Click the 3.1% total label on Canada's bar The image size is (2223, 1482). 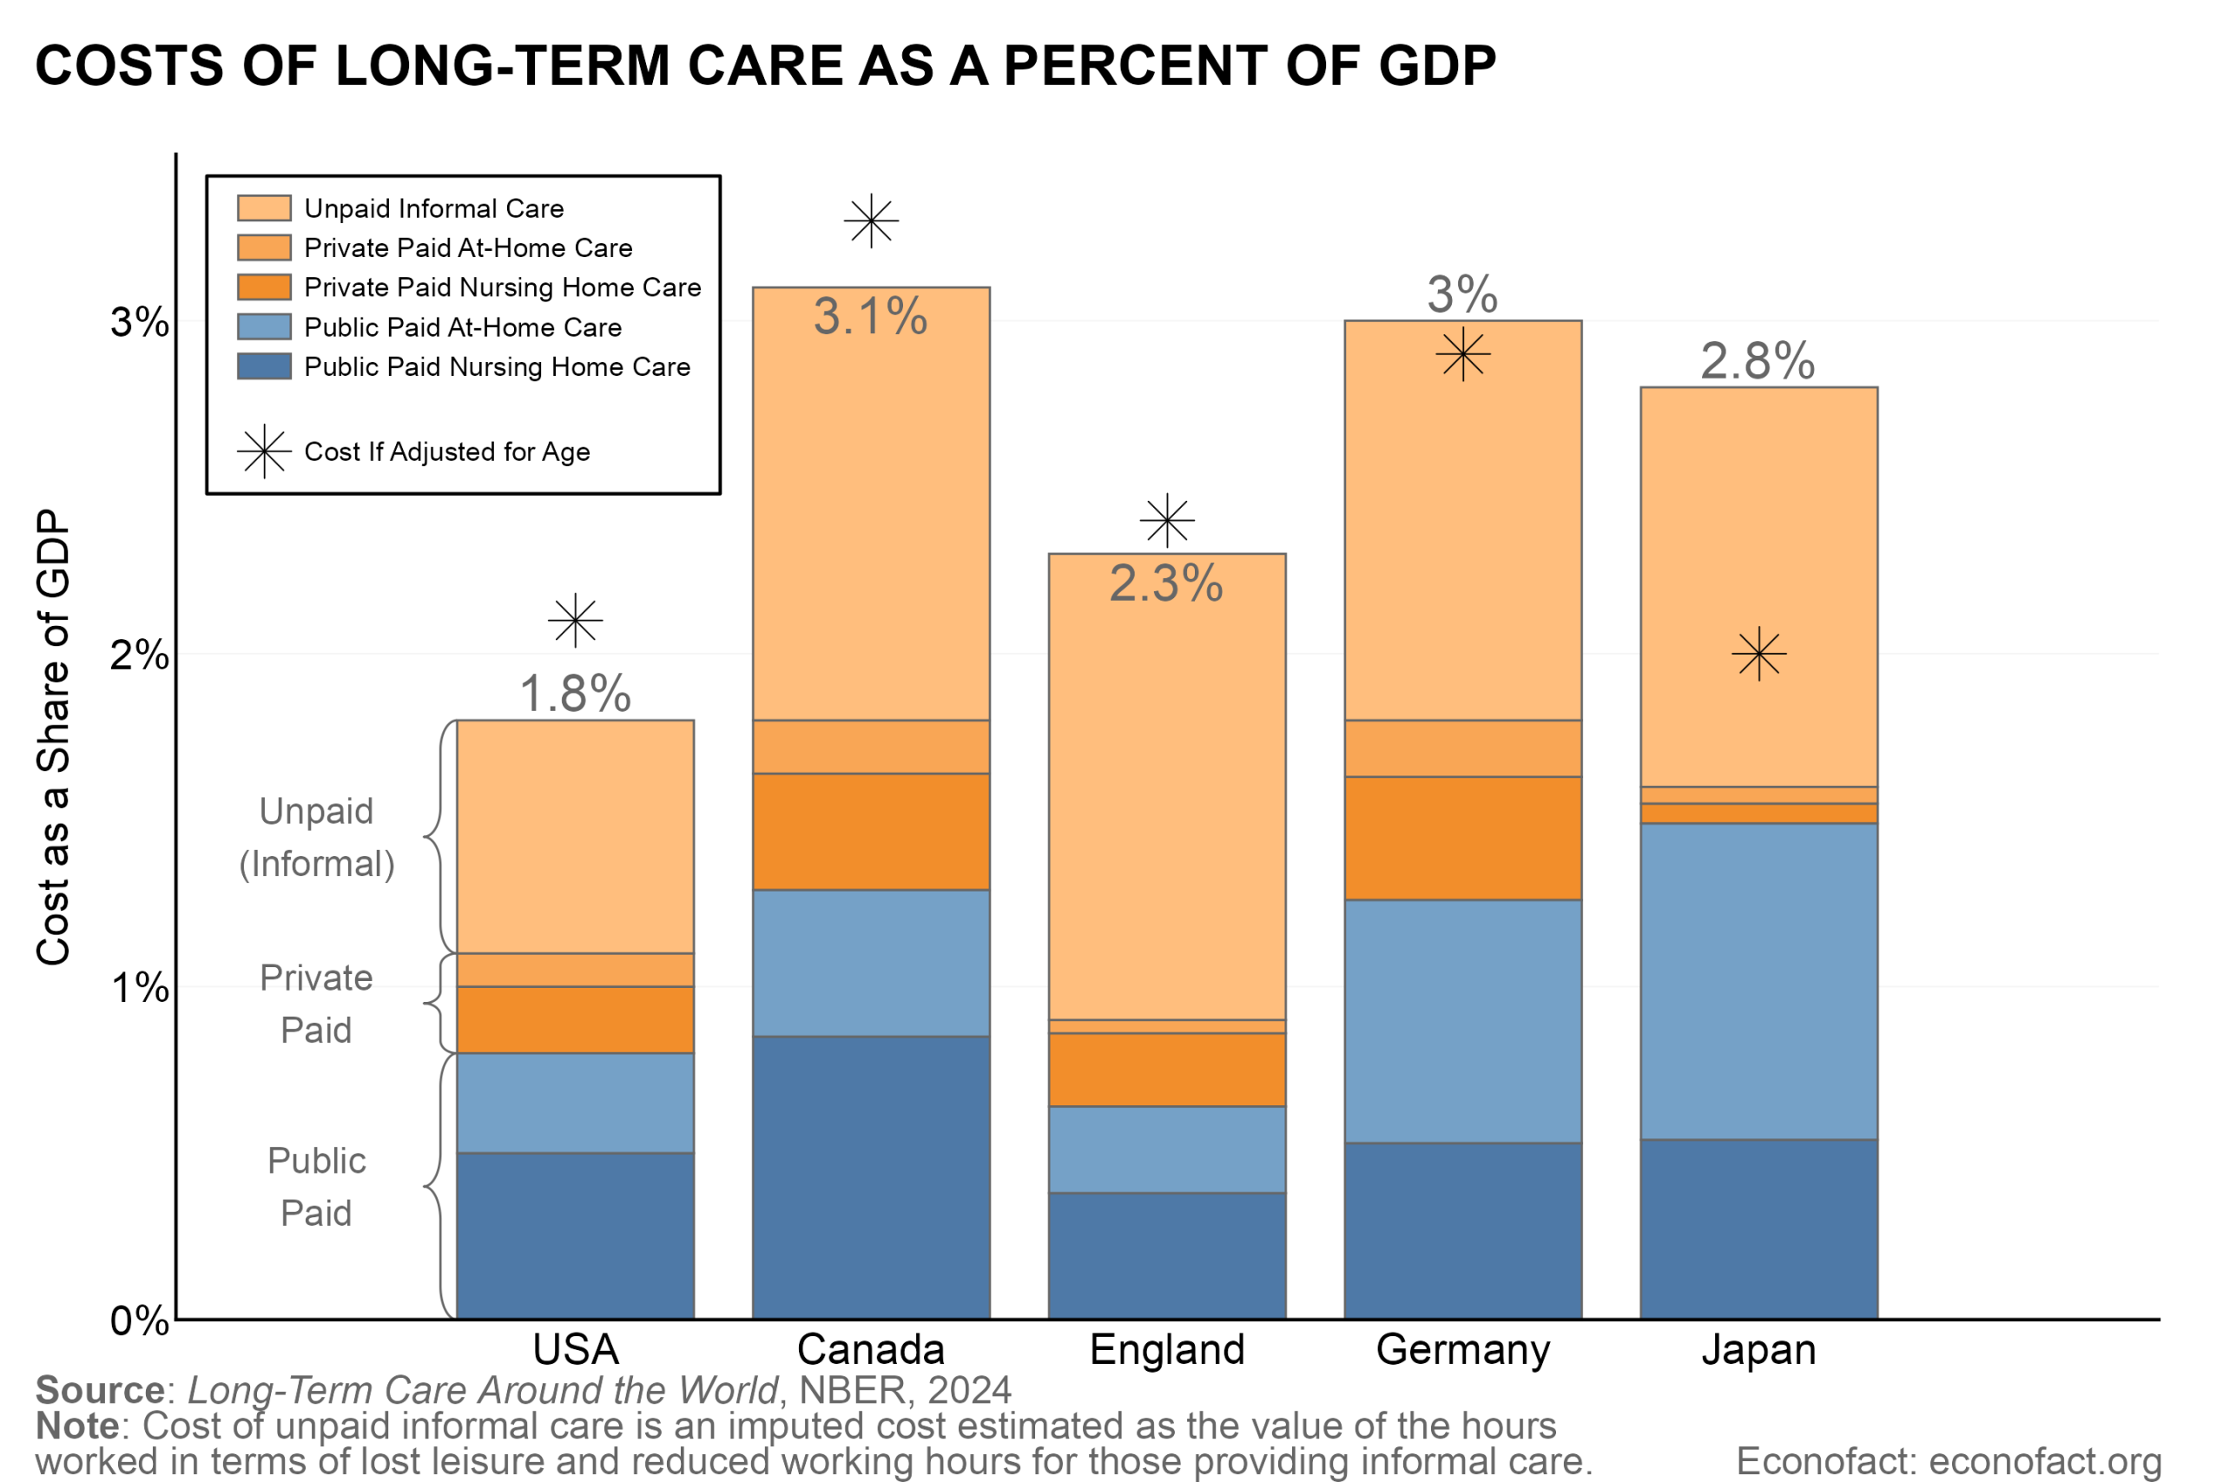pos(870,317)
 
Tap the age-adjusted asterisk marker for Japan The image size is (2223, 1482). pos(1759,654)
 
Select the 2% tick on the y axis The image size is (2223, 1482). pos(139,655)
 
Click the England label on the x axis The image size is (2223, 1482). pos(1167,1350)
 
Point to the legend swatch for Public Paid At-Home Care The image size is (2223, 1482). pos(264,327)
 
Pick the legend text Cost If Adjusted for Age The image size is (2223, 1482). pos(447,451)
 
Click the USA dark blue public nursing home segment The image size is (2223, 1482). pos(576,1235)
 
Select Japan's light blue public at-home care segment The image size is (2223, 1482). pos(1759,981)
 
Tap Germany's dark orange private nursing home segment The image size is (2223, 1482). pos(1463,839)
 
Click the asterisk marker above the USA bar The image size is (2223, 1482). pos(576,621)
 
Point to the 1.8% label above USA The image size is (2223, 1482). pos(576,695)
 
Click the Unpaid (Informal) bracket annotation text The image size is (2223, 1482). pos(317,838)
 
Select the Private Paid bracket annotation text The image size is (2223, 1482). pos(317,1004)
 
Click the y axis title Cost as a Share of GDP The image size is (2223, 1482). pos(54,737)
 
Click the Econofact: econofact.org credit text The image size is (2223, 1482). pos(1949,1461)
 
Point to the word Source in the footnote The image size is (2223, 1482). pos(100,1390)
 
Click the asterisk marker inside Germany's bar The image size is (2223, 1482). pos(1463,355)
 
